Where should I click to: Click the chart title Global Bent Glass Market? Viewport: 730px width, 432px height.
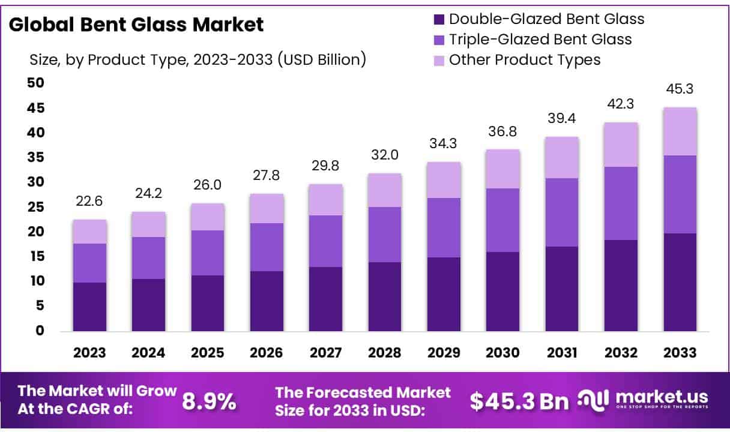pos(136,25)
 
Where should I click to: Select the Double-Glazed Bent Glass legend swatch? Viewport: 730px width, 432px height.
pos(439,19)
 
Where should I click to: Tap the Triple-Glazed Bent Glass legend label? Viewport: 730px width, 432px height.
pos(540,39)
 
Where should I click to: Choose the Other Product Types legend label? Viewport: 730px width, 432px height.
pos(525,59)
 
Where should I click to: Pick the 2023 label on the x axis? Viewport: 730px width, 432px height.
pos(89,353)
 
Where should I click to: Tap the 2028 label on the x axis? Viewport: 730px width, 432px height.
pos(385,353)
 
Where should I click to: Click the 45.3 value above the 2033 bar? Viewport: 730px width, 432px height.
pos(680,89)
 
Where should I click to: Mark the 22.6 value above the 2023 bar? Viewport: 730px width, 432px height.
pos(89,202)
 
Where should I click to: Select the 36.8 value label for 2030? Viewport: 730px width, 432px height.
pos(503,131)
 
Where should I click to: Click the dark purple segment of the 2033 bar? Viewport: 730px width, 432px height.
pos(680,282)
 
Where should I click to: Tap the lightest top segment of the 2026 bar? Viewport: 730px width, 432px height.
pos(267,208)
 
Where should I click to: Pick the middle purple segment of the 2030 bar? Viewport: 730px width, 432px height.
pos(503,220)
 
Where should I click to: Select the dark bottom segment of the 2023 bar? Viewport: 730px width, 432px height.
pos(89,306)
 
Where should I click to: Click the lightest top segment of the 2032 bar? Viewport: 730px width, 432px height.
pos(621,145)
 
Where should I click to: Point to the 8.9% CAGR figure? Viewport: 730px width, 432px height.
pos(209,402)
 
